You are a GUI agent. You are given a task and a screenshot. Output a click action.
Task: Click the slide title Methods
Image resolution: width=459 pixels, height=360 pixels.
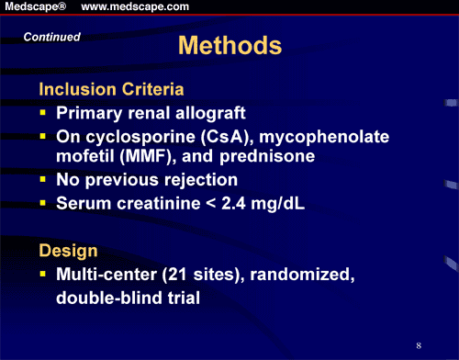pyautogui.click(x=228, y=46)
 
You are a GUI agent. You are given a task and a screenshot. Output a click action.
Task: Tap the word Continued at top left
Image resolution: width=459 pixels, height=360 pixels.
pyautogui.click(x=52, y=38)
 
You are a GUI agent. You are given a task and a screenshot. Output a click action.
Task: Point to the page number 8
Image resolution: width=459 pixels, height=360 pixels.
pyautogui.click(x=418, y=344)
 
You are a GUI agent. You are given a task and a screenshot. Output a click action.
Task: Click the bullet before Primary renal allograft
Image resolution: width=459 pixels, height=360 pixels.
pyautogui.click(x=42, y=116)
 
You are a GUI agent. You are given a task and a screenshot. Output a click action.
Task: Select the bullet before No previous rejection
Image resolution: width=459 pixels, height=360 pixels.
pyautogui.click(x=42, y=180)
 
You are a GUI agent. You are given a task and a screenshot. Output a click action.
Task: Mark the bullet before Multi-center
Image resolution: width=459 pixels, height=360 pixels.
pyautogui.click(x=42, y=275)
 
